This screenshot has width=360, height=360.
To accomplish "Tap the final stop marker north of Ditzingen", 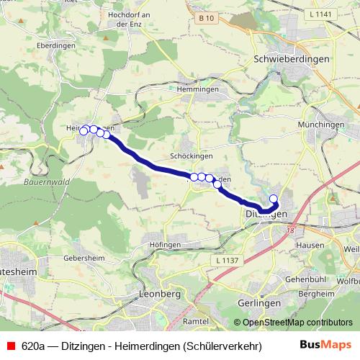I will tap(274, 199).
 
